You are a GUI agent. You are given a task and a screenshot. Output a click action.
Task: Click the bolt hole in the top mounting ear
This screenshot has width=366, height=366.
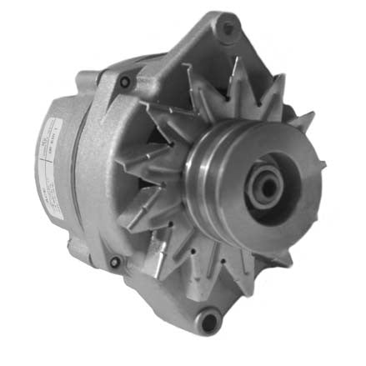[226, 28]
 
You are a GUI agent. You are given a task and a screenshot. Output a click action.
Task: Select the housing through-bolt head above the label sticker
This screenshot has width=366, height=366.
[125, 82]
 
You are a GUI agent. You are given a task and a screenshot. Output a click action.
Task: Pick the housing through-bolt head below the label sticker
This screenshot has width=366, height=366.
[114, 262]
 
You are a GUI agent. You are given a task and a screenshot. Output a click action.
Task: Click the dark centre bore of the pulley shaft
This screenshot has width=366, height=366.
[265, 188]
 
